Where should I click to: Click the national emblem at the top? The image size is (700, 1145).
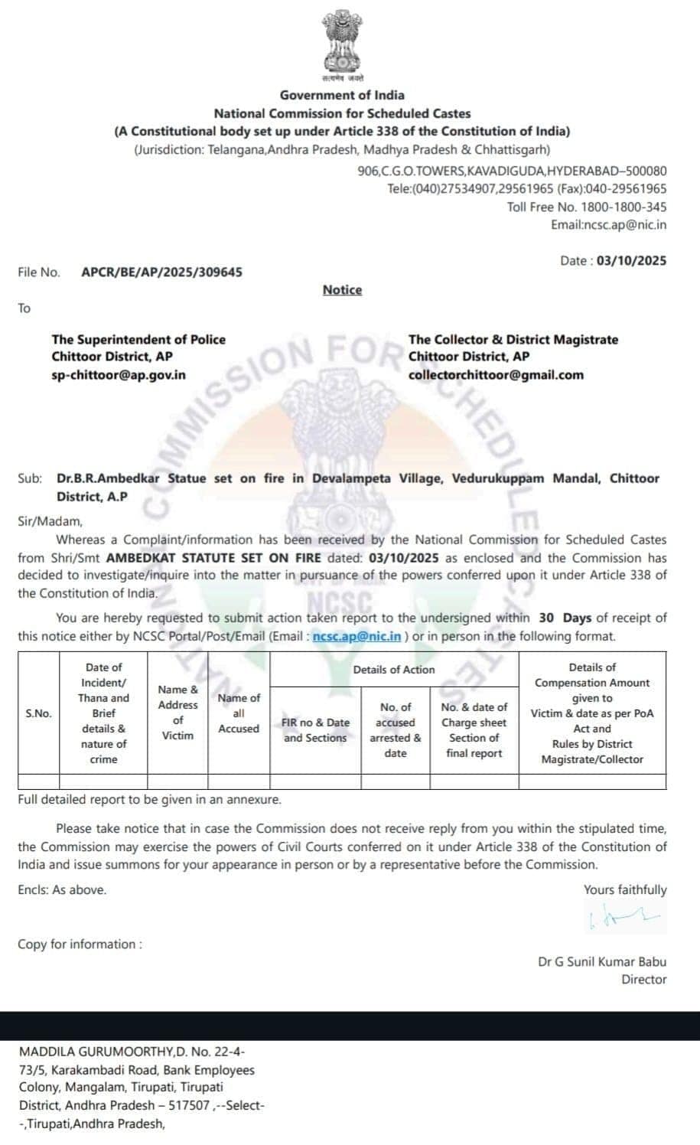(342, 44)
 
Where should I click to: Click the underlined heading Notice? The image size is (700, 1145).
(342, 290)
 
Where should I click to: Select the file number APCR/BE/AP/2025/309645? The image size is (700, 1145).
(161, 272)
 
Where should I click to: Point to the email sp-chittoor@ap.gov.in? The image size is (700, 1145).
(119, 375)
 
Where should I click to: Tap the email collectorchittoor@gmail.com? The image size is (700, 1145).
(496, 375)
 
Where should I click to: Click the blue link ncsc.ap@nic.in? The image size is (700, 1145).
(357, 636)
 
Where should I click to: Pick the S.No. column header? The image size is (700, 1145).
(38, 713)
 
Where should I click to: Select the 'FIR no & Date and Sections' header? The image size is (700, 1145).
(315, 730)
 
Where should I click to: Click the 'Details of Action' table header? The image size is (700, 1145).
(394, 670)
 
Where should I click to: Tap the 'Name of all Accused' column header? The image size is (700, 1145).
(239, 713)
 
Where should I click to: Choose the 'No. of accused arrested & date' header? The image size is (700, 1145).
(396, 730)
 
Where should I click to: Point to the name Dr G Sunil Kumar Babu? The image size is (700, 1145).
(601, 962)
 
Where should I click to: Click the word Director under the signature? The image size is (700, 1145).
(643, 980)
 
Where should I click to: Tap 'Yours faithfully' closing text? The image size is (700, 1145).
(625, 889)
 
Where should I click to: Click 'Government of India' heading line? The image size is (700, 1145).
(342, 95)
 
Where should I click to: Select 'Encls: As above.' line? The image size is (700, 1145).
(62, 890)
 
